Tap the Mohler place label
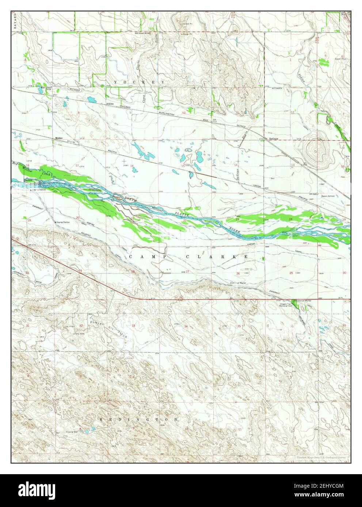click(x=59, y=139)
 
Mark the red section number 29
click(x=80, y=270)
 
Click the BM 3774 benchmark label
click(x=32, y=244)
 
